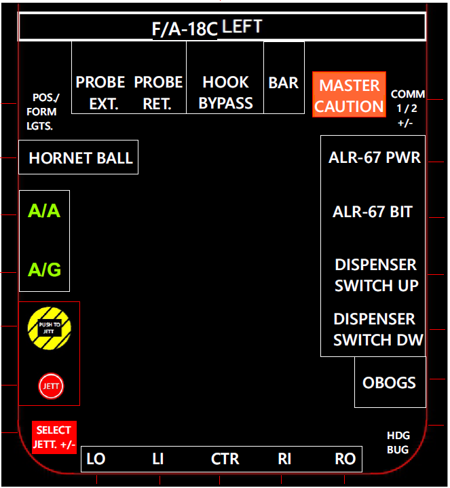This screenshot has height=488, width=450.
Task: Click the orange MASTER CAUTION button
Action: (349, 95)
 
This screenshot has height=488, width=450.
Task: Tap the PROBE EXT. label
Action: (100, 92)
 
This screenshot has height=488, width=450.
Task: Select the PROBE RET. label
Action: (158, 92)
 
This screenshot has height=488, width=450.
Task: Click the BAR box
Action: (284, 83)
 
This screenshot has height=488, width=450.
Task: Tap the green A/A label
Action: (44, 211)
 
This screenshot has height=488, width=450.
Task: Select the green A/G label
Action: (44, 270)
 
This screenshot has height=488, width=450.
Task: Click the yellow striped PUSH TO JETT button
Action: (50, 329)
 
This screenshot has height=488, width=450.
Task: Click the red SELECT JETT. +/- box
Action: (54, 437)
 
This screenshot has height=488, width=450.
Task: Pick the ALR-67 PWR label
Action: (374, 158)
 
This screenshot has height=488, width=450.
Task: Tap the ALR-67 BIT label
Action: (373, 212)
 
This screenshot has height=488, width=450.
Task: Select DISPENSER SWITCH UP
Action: (376, 275)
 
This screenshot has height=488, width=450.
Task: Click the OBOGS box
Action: (389, 382)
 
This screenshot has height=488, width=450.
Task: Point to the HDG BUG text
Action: (398, 443)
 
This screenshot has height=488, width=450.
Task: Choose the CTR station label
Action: (225, 459)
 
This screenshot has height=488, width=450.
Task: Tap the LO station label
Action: (96, 459)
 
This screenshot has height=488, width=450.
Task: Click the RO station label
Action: (345, 459)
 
